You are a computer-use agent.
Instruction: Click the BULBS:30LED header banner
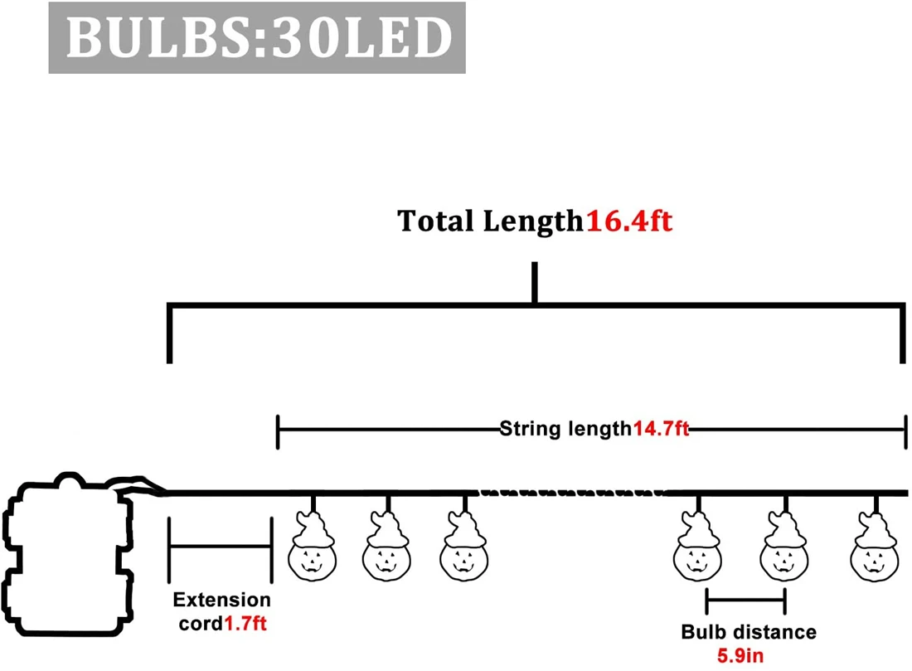tap(256, 38)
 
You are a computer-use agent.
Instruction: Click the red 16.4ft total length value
tap(629, 221)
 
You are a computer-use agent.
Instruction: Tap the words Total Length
tap(490, 221)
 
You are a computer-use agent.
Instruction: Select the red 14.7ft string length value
tap(661, 429)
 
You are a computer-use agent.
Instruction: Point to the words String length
tap(565, 430)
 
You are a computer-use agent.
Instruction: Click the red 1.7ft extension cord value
tap(245, 624)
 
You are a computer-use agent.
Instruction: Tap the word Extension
tap(221, 600)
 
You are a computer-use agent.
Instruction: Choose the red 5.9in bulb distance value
tap(740, 656)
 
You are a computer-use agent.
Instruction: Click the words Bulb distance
tap(749, 632)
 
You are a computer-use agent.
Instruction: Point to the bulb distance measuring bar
tap(745, 599)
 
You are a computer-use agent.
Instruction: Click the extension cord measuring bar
tap(221, 547)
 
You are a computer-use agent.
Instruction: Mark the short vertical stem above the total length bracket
tap(535, 282)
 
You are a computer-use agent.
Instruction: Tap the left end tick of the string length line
tap(278, 432)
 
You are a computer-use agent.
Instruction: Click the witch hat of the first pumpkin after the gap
tap(698, 529)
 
